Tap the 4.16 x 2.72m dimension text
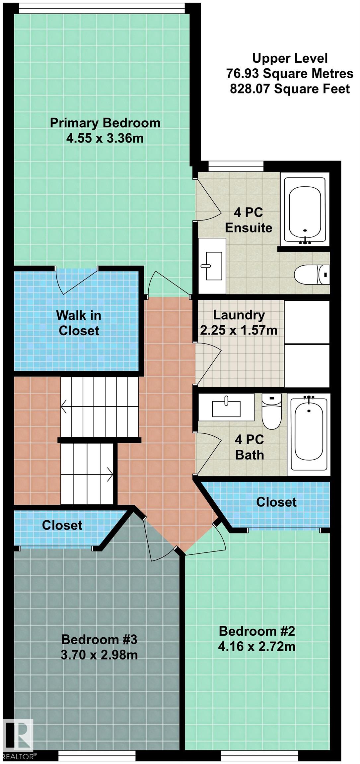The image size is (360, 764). click(257, 646)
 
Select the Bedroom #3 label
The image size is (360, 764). click(99, 639)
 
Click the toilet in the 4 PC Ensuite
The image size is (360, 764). click(312, 275)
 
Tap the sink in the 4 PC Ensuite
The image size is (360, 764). click(212, 266)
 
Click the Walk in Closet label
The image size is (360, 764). click(79, 323)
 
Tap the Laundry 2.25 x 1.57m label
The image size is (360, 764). click(239, 322)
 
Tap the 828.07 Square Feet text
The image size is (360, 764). click(290, 89)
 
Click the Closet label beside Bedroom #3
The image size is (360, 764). click(62, 525)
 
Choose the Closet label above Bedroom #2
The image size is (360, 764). click(276, 502)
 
